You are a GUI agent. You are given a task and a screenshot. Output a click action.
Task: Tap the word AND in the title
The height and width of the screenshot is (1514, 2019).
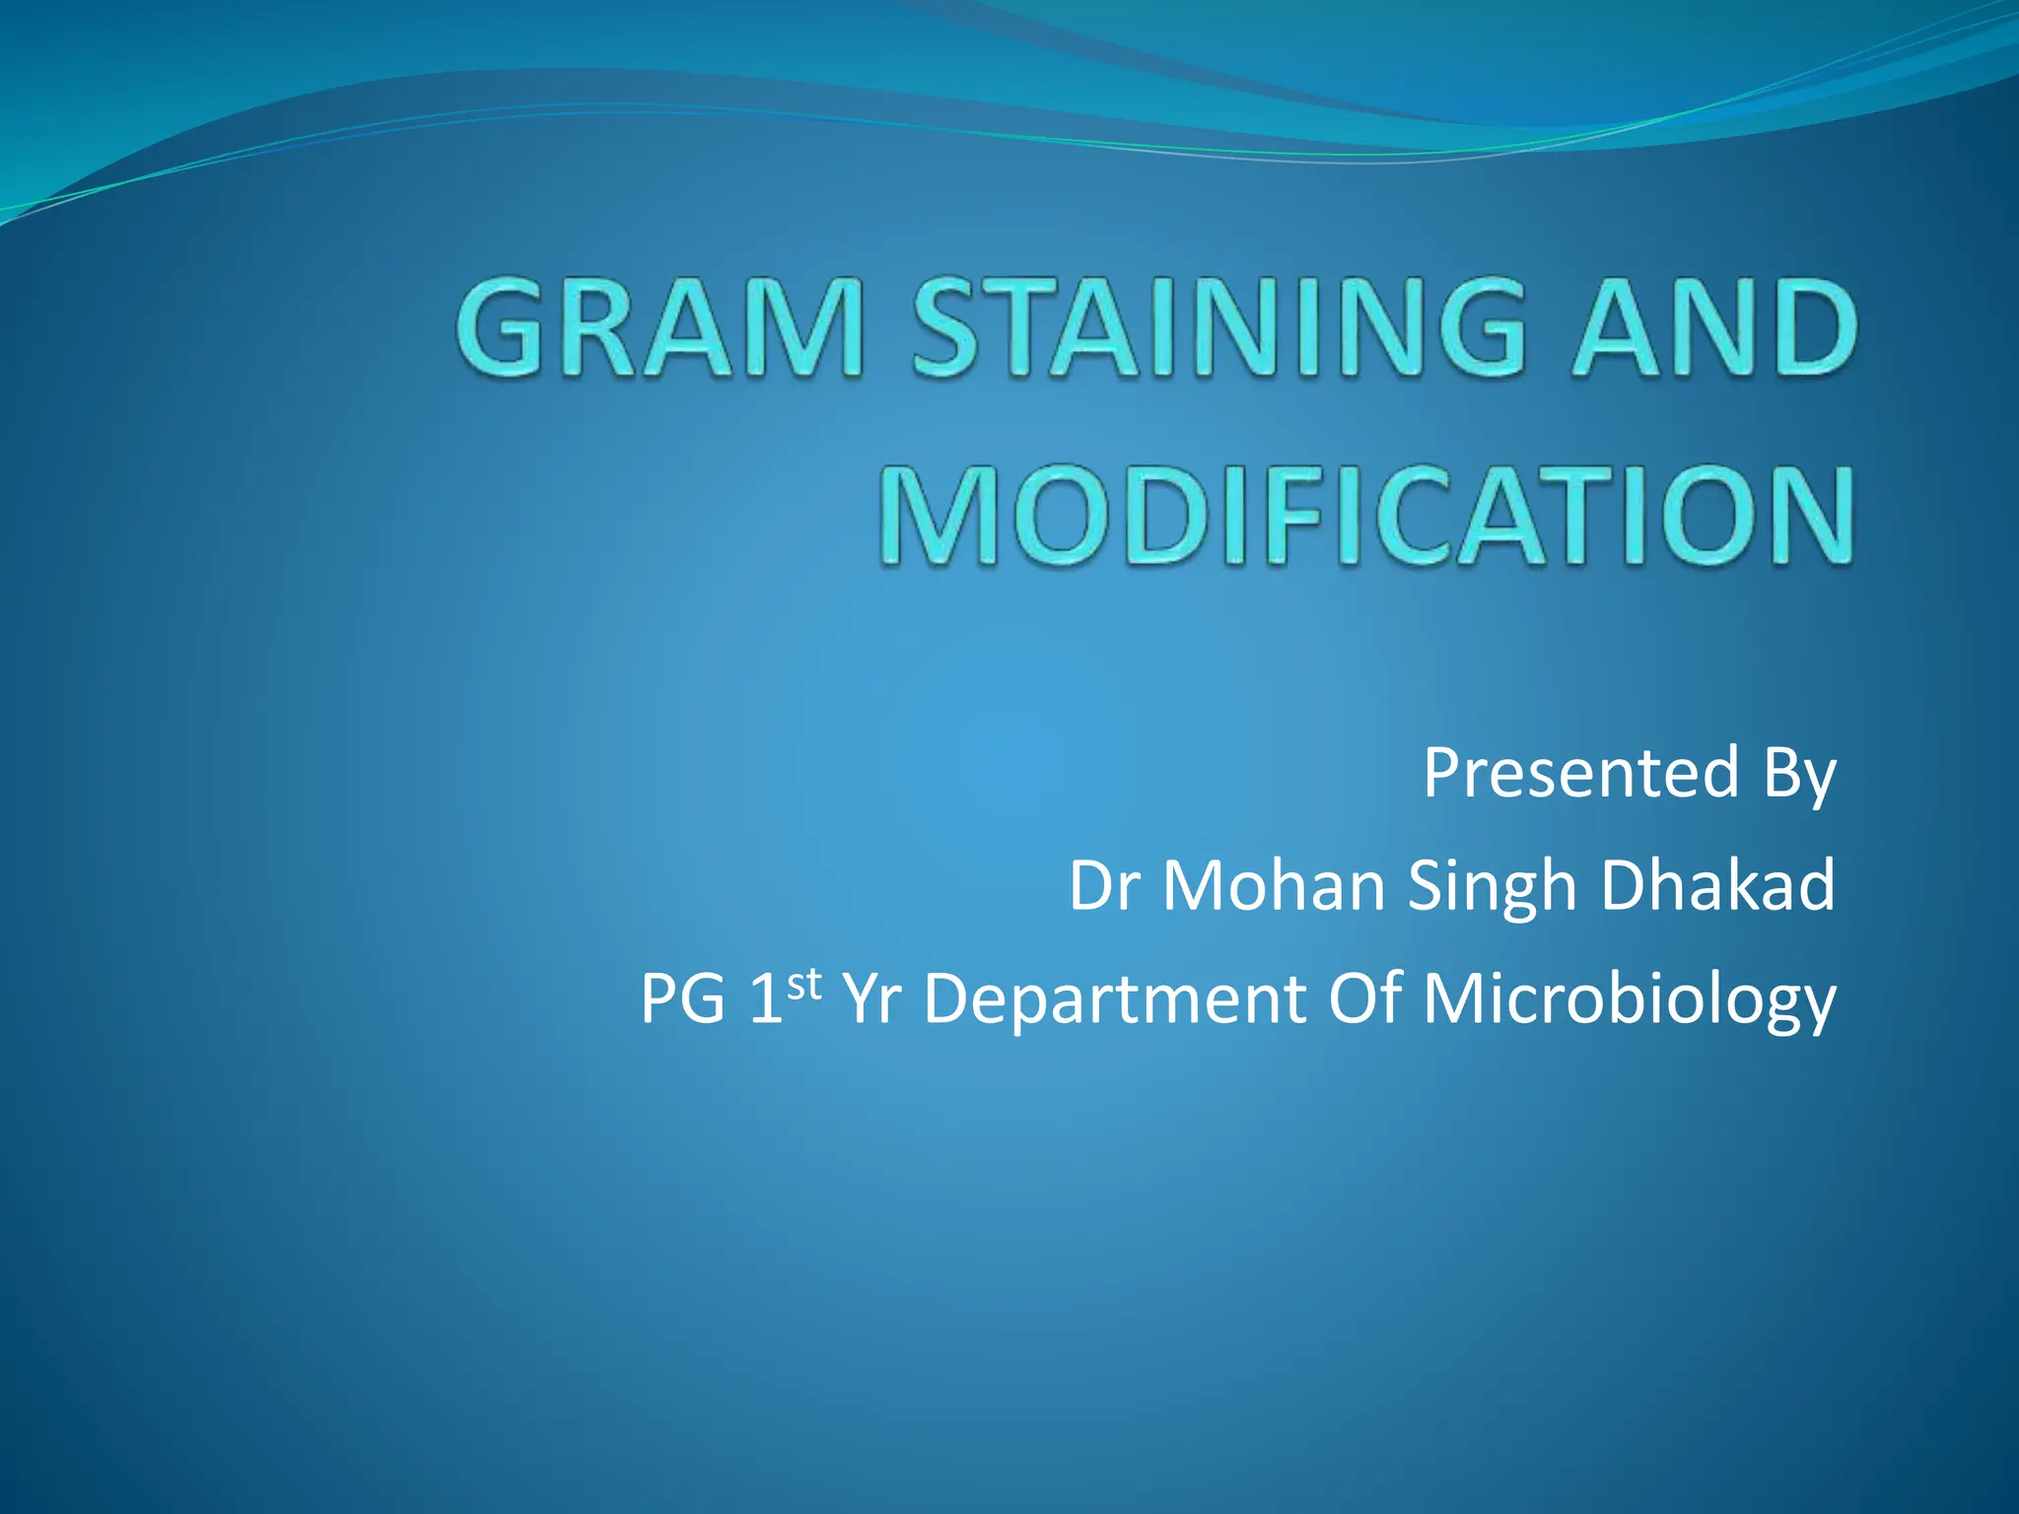(1712, 328)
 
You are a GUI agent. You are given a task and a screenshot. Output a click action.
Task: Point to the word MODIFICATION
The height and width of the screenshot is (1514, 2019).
(1365, 517)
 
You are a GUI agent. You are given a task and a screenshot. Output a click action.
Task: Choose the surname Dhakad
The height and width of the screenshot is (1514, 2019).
(1717, 885)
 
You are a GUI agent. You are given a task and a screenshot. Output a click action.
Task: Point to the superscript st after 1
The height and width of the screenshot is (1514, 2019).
(803, 983)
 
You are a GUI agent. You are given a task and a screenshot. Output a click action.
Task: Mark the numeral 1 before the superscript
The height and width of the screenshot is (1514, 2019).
(765, 999)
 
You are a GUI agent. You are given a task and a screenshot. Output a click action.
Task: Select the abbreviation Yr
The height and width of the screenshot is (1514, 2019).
(872, 999)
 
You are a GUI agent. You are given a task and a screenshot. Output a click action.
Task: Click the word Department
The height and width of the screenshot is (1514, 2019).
(1114, 999)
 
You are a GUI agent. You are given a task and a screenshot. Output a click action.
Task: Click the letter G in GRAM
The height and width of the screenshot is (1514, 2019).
(503, 328)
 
